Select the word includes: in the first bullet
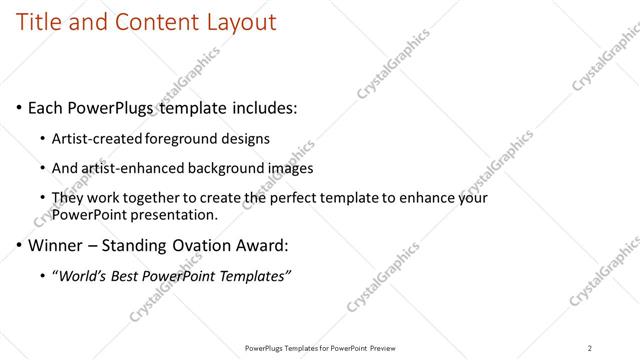tap(261, 107)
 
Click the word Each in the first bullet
tap(46, 107)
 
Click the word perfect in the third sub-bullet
tap(308, 198)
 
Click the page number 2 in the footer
tap(590, 347)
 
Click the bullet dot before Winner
tap(19, 244)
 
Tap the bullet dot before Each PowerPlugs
tap(19, 108)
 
